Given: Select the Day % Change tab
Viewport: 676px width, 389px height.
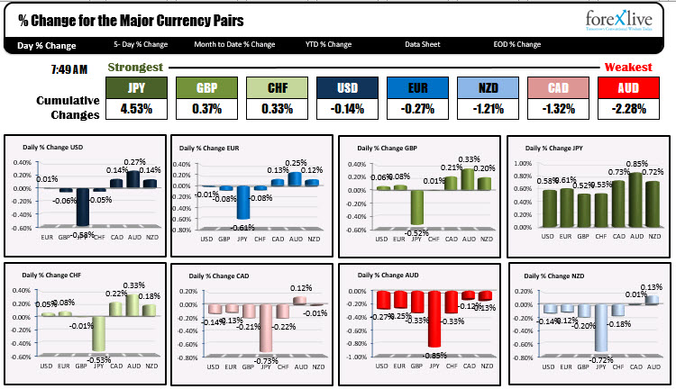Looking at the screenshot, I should [48, 44].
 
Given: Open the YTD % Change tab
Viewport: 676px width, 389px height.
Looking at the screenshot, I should [328, 44].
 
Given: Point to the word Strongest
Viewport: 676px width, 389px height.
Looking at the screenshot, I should [135, 68].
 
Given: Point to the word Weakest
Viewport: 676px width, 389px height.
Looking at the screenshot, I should [627, 68].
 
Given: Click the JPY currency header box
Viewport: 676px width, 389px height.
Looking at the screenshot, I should [137, 87].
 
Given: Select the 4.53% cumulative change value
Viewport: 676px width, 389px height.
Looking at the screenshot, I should [137, 109].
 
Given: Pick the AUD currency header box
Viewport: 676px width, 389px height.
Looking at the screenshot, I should [628, 87].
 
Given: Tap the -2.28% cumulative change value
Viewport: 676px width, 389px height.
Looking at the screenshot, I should [628, 109].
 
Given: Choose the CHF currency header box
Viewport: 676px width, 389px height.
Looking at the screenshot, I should [278, 87].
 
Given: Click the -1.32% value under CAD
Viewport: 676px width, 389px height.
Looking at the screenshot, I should [558, 109].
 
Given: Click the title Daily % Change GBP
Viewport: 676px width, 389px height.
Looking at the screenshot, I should [385, 148].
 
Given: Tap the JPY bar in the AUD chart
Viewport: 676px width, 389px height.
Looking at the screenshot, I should [434, 319].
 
